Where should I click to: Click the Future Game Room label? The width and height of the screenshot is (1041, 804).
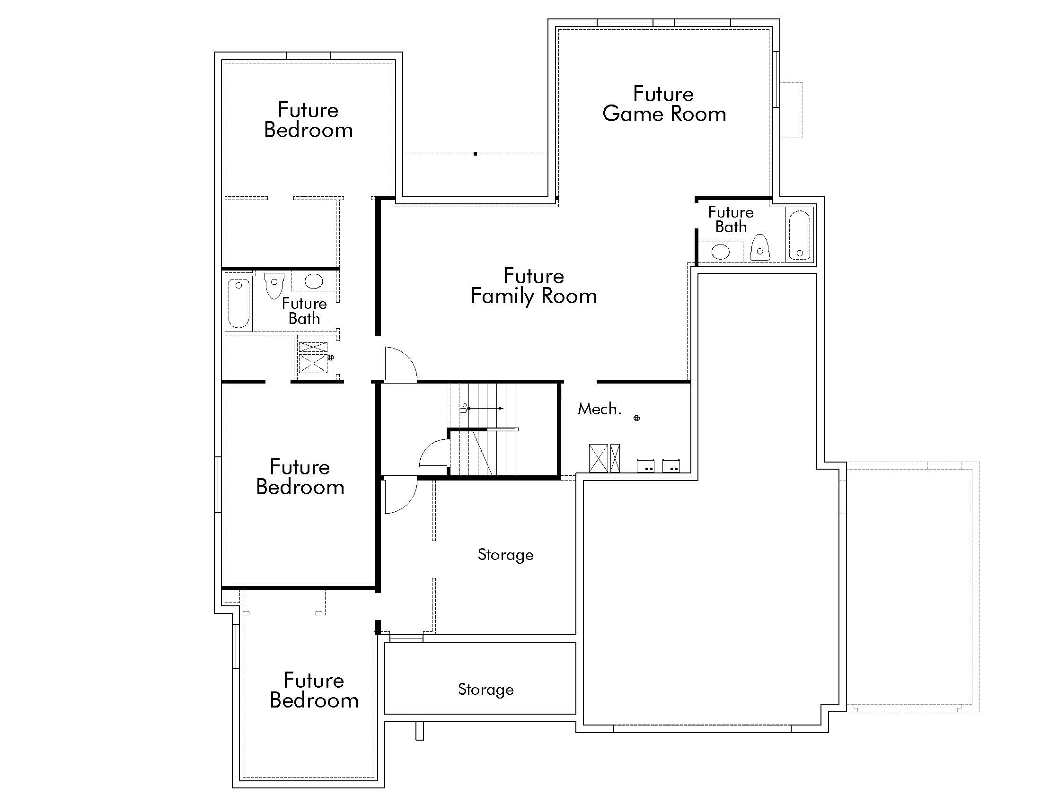tap(663, 104)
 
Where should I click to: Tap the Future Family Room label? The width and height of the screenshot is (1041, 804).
tap(533, 286)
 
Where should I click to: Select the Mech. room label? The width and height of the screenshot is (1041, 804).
tap(599, 409)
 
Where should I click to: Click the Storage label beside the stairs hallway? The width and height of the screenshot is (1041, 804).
tap(505, 555)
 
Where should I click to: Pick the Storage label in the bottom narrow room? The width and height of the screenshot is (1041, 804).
tap(485, 690)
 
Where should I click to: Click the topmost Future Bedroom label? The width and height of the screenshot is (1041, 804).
tap(308, 120)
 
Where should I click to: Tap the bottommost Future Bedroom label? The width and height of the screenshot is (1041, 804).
tap(314, 690)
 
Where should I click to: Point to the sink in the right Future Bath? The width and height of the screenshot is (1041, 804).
tap(720, 252)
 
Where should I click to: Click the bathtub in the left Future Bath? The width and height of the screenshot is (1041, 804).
tap(238, 304)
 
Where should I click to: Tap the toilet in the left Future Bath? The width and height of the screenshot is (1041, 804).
tap(274, 285)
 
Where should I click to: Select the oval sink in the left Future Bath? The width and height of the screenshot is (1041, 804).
tap(313, 280)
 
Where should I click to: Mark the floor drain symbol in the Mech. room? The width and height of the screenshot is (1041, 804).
tap(636, 418)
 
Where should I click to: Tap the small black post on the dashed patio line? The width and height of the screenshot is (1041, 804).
tap(475, 153)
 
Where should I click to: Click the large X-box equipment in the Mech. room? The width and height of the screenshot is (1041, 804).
tap(598, 458)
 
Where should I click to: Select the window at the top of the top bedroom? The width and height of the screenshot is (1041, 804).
tap(309, 56)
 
